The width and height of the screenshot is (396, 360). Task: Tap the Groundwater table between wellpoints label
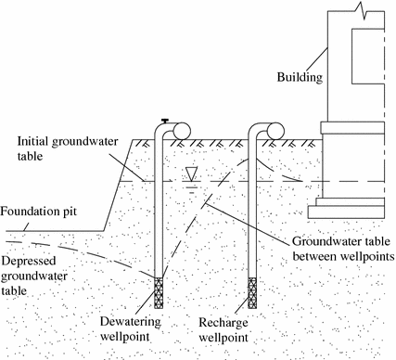click(x=337, y=245)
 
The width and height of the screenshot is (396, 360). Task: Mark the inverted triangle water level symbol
click(x=191, y=173)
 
